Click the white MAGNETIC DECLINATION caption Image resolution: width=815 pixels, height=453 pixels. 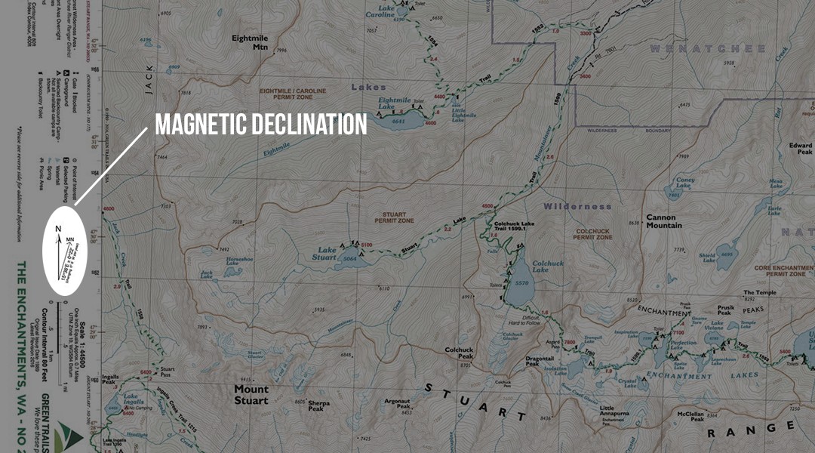point(261,125)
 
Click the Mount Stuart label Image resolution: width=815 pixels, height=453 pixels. point(251,395)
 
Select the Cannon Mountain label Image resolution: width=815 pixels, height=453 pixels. point(663,220)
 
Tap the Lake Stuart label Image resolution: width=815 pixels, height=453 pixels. point(327,254)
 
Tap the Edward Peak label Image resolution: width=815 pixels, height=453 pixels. point(800,149)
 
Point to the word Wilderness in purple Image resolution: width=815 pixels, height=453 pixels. point(577,206)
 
